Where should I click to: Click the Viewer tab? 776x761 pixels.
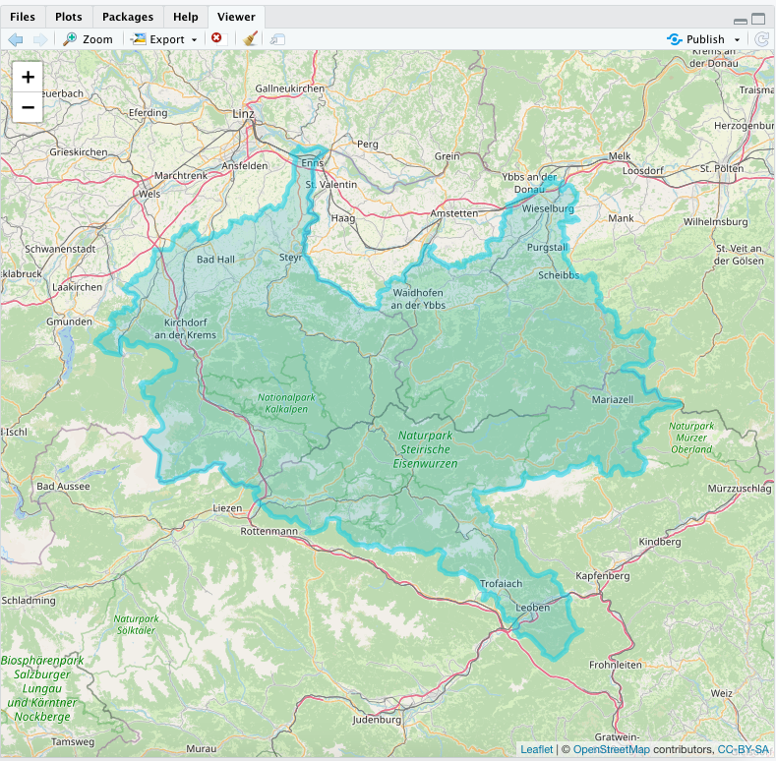[236, 17]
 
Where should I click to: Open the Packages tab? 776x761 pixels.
[128, 17]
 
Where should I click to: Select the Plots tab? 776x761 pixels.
[69, 17]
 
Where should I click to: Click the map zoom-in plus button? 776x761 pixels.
[28, 77]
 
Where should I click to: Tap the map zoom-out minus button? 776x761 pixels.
[28, 107]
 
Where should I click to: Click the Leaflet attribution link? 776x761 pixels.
[536, 749]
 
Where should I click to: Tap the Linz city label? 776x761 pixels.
[243, 113]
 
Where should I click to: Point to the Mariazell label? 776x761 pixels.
[613, 400]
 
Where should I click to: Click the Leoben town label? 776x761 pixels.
[533, 607]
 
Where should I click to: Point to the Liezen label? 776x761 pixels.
[227, 508]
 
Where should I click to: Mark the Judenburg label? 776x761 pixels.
[378, 719]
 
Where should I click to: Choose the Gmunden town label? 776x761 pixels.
[69, 322]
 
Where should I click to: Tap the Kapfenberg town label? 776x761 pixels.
[602, 575]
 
